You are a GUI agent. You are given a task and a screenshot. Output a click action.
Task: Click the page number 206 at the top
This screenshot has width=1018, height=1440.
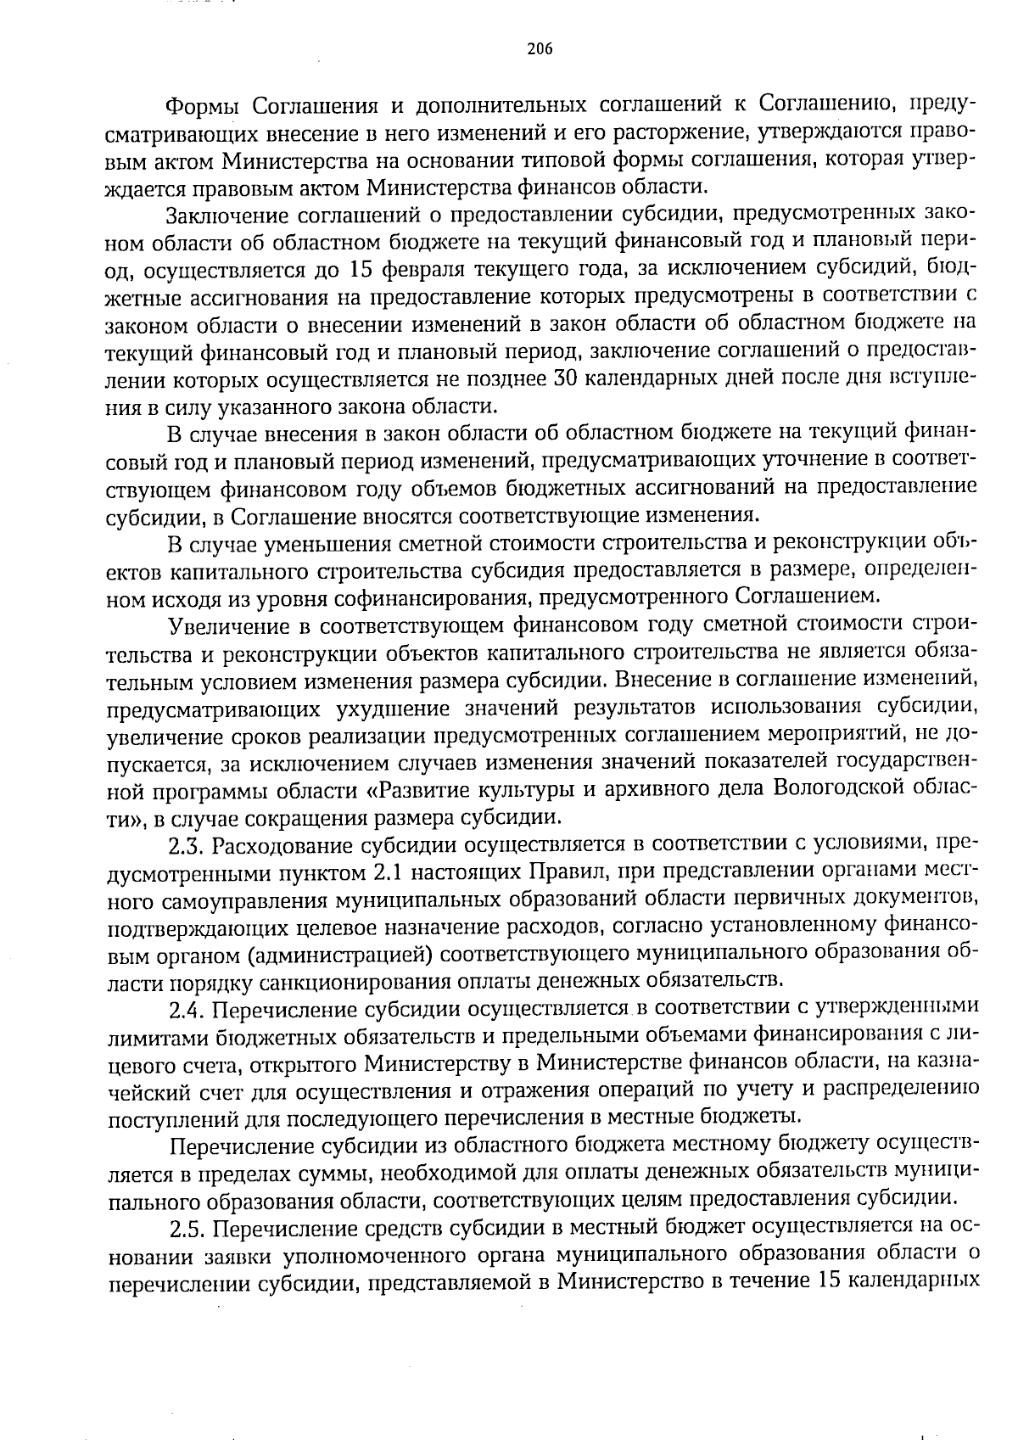pyautogui.click(x=539, y=48)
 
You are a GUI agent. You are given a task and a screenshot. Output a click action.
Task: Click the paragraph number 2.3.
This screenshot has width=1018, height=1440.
pyautogui.click(x=187, y=844)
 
